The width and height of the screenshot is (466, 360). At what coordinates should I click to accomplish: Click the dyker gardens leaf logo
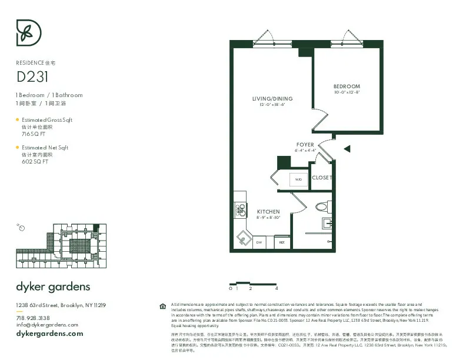(x=28, y=32)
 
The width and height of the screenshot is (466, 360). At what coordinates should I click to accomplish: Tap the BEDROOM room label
(x=347, y=86)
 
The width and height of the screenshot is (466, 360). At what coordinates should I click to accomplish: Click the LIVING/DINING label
(x=272, y=98)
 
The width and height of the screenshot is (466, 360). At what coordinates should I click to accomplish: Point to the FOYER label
(x=305, y=145)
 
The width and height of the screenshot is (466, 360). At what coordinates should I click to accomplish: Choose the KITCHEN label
(x=268, y=212)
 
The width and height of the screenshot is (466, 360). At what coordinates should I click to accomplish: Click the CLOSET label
(x=322, y=178)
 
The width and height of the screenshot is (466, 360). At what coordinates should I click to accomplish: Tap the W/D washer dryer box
(x=298, y=179)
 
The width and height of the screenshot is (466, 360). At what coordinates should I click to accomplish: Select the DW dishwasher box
(x=259, y=242)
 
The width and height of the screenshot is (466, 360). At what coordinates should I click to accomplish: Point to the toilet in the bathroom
(x=323, y=207)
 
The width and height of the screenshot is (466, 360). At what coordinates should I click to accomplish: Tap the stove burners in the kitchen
(x=240, y=209)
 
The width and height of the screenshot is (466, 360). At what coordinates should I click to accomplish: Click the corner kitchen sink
(x=243, y=238)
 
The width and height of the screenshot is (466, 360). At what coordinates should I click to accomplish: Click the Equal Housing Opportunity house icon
(x=163, y=306)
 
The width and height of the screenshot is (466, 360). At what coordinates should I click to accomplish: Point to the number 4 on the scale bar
(x=276, y=289)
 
